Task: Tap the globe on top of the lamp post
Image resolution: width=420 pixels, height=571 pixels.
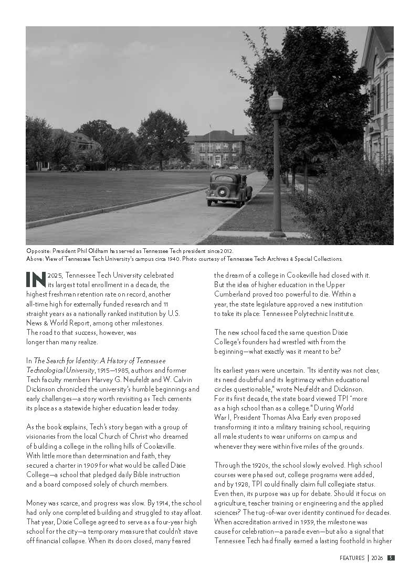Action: tap(276, 99)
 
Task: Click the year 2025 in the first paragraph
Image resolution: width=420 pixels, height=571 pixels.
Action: tap(56, 275)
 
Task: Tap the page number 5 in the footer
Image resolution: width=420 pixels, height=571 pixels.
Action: tap(391, 558)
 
